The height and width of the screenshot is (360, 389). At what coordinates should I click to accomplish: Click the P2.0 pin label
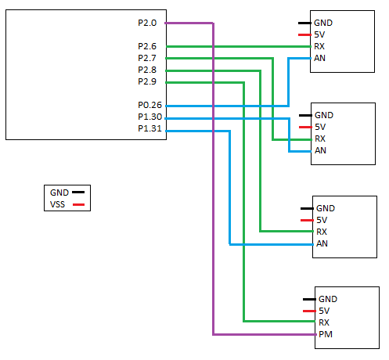coord(147,23)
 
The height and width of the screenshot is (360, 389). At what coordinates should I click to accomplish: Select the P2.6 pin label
coord(147,46)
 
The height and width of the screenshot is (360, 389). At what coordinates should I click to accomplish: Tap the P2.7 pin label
coord(147,58)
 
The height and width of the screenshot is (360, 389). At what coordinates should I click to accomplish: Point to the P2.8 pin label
coord(147,70)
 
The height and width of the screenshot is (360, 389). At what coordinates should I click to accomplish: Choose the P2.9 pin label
coord(147,81)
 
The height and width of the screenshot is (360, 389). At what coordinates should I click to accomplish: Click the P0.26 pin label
coord(150,105)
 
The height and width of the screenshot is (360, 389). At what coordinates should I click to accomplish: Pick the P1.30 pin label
coord(150,117)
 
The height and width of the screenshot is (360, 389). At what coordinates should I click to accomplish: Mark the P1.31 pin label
coord(150,128)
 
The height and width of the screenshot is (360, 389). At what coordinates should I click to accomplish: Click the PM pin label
coord(326,334)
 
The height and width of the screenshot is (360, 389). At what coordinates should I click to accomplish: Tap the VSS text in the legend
coord(57,204)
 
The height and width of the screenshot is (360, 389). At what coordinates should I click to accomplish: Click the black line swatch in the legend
coord(78,193)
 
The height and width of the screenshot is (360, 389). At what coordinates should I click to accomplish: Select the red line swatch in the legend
coord(78,205)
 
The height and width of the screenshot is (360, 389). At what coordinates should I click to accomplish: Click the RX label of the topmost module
coord(319,46)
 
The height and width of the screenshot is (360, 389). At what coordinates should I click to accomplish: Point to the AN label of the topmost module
coord(320,58)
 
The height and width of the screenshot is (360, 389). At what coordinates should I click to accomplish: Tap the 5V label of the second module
coord(320,127)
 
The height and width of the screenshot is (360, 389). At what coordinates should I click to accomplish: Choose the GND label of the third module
coord(326,208)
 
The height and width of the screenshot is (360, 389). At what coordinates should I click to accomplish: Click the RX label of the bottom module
coord(324,322)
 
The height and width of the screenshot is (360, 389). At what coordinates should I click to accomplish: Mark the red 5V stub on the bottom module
coord(309,311)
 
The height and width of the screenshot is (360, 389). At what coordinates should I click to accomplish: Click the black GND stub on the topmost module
coord(304,23)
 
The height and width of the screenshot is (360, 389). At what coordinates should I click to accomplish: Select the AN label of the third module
coord(322,243)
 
